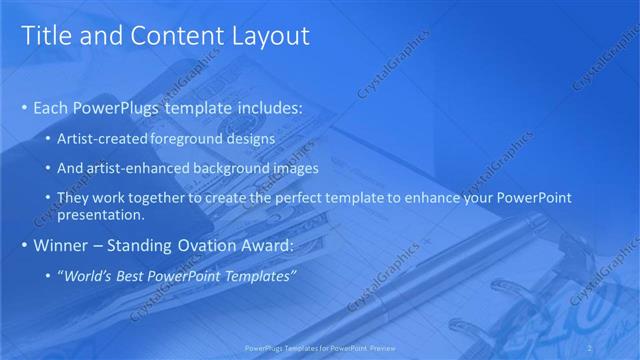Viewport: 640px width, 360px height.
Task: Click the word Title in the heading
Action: coord(44,36)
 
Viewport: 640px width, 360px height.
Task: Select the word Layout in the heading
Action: coord(272,36)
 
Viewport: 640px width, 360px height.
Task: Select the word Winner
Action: coord(61,245)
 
